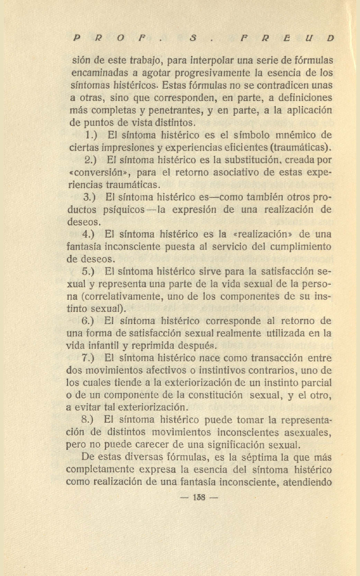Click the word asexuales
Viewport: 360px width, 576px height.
point(303,432)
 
